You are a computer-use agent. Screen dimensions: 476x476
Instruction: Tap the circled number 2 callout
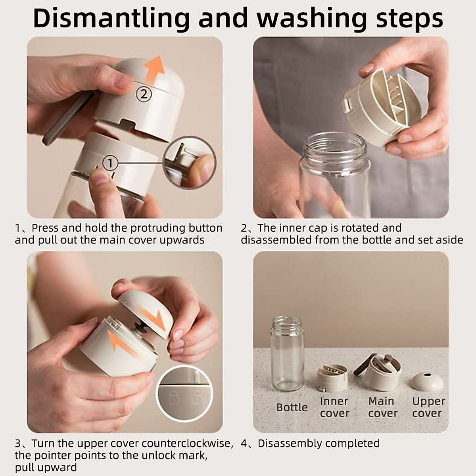144,94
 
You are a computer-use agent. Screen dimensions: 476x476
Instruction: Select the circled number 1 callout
110,163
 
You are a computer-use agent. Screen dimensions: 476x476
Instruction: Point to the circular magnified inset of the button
190,163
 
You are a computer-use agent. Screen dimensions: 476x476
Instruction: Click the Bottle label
292,407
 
